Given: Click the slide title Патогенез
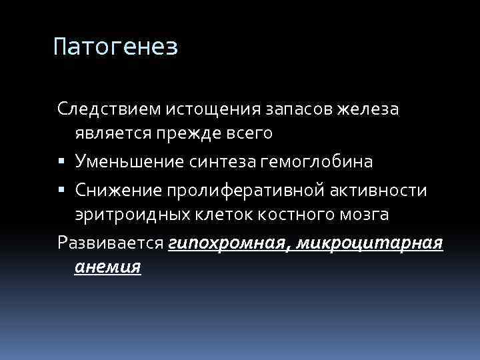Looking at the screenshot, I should tap(115, 47).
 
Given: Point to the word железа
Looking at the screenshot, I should tap(369, 108).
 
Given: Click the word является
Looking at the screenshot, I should tap(114, 133).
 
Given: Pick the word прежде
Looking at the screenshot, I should tap(187, 133).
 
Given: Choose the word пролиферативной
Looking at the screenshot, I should tap(246, 190).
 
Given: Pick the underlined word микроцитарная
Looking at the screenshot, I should tap(370, 243).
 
